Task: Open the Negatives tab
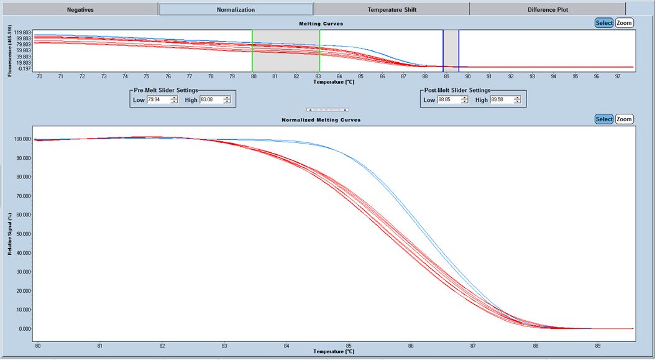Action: coord(80,9)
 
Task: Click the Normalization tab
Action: coord(236,9)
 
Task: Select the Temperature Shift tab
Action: coord(392,9)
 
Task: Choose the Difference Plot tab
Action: coord(547,9)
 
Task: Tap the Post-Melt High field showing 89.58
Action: coord(501,99)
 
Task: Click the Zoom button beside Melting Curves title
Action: coord(624,23)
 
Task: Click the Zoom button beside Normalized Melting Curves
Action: coord(624,119)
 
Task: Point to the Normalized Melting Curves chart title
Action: coord(321,119)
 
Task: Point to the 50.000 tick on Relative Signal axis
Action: coord(22,234)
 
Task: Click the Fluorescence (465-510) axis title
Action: coord(10,50)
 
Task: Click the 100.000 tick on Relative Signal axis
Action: coord(22,139)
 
